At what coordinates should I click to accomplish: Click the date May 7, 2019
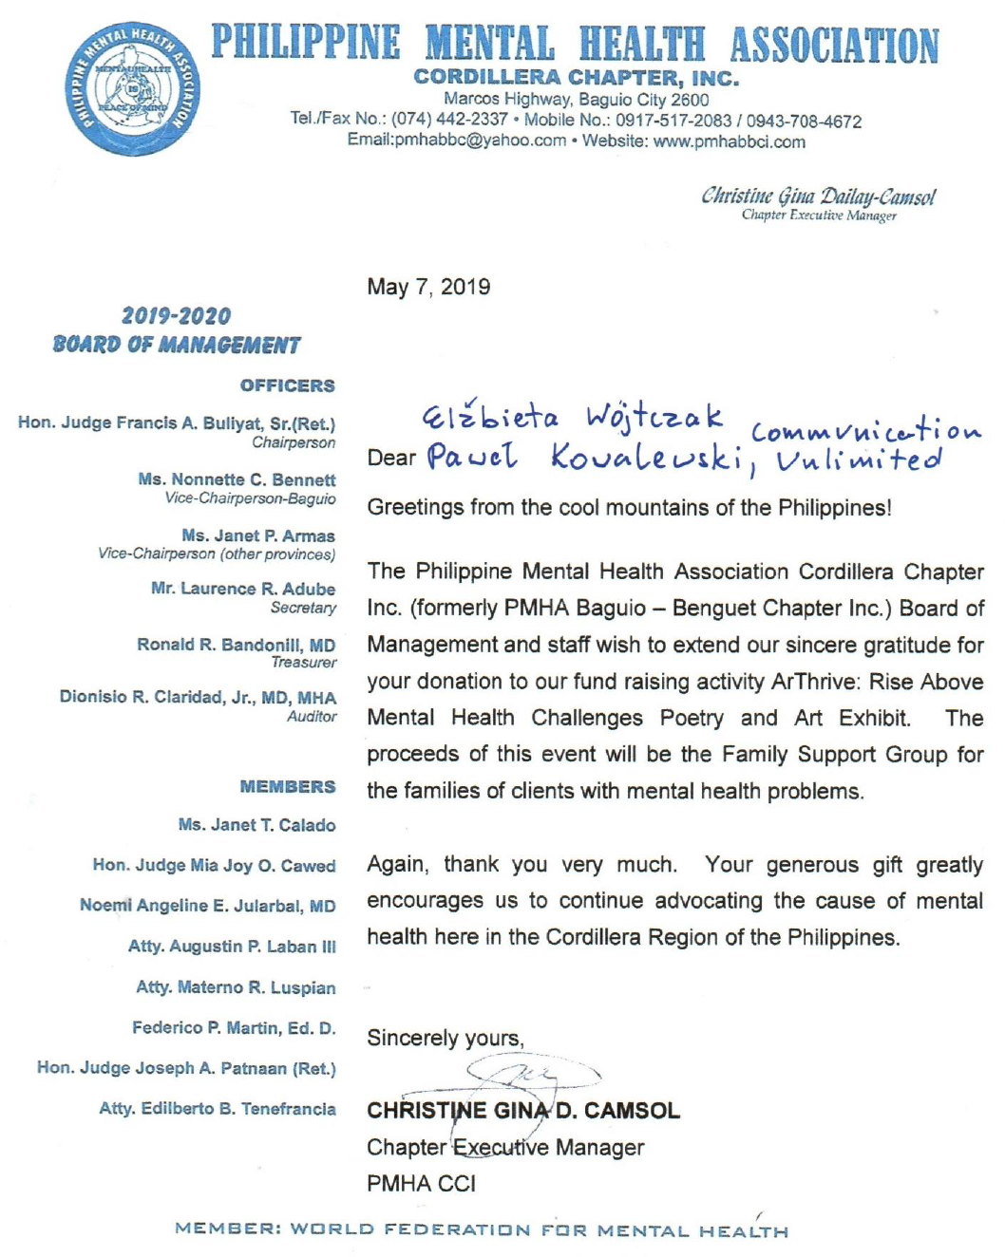pos(428,287)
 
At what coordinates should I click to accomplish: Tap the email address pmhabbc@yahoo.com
pos(457,141)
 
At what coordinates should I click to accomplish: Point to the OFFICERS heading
pos(287,385)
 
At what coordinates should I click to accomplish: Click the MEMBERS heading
pos(287,787)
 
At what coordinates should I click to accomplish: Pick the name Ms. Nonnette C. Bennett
pos(237,479)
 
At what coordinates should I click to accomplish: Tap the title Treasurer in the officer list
pos(303,663)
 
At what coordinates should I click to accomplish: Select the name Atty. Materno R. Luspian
pos(236,987)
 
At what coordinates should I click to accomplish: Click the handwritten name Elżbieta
pos(490,416)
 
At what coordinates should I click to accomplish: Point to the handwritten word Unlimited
pos(859,460)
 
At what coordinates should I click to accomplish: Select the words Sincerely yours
pos(445,1038)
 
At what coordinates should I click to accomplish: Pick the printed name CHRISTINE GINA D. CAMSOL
pos(523,1111)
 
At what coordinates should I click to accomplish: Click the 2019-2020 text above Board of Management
pos(176,316)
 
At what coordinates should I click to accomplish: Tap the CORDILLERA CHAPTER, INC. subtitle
pos(576,78)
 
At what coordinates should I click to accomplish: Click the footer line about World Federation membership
pos(482,1230)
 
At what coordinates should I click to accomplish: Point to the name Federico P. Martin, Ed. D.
pos(234,1028)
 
